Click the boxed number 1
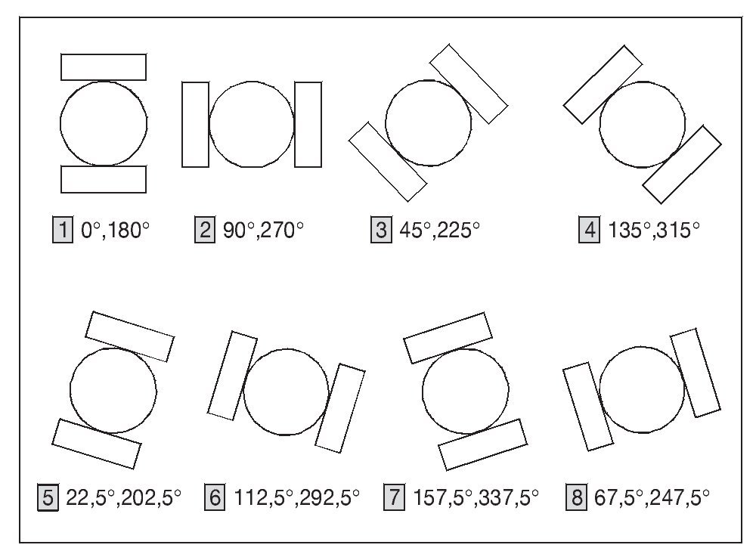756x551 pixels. [x=63, y=230]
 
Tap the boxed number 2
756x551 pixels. [x=205, y=230]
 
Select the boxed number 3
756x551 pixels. [x=381, y=230]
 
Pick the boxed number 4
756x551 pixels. [x=589, y=230]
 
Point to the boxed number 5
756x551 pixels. [x=48, y=497]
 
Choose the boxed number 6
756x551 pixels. [x=215, y=497]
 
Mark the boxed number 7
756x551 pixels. [x=395, y=497]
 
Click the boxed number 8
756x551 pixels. [x=576, y=497]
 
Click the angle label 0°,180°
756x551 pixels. [x=115, y=231]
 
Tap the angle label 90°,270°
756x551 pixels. [x=263, y=231]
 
